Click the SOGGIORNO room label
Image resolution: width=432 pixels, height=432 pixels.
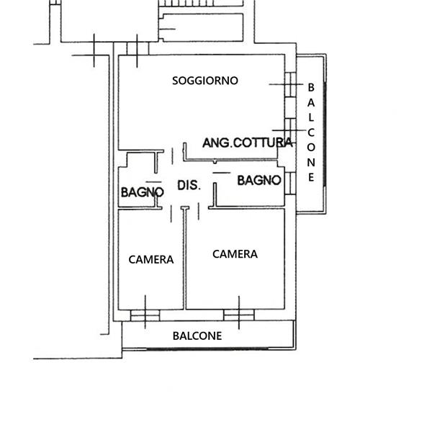pyautogui.click(x=205, y=81)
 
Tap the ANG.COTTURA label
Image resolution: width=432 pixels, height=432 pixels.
pyautogui.click(x=247, y=143)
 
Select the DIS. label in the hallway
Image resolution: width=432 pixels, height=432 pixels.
pyautogui.click(x=189, y=185)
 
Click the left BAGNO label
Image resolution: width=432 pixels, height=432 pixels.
pyautogui.click(x=142, y=192)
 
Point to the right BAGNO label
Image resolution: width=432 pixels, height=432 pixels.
pyautogui.click(x=259, y=181)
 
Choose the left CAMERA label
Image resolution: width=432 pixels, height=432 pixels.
pyautogui.click(x=151, y=259)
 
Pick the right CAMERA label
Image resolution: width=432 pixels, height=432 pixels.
pyautogui.click(x=235, y=254)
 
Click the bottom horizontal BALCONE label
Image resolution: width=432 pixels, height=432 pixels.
pyautogui.click(x=197, y=336)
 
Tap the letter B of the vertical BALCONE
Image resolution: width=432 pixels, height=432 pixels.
pyautogui.click(x=311, y=88)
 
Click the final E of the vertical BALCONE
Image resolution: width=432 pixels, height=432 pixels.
pyautogui.click(x=311, y=177)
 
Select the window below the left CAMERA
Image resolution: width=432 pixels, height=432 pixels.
pyautogui.click(x=145, y=315)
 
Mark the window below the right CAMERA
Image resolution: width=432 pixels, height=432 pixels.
pyautogui.click(x=239, y=315)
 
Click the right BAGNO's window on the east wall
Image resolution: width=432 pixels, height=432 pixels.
pyautogui.click(x=290, y=183)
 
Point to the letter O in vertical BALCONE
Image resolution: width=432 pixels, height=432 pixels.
pyautogui.click(x=311, y=148)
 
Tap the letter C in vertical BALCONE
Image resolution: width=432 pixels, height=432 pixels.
pyautogui.click(x=311, y=132)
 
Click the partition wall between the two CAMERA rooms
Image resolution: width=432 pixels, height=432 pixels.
pyautogui.click(x=184, y=258)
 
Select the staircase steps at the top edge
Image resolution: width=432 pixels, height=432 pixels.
pyautogui.click(x=202, y=3)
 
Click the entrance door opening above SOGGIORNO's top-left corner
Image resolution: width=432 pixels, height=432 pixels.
pyautogui.click(x=138, y=48)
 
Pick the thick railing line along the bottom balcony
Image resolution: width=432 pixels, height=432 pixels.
pyautogui.click(x=208, y=348)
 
